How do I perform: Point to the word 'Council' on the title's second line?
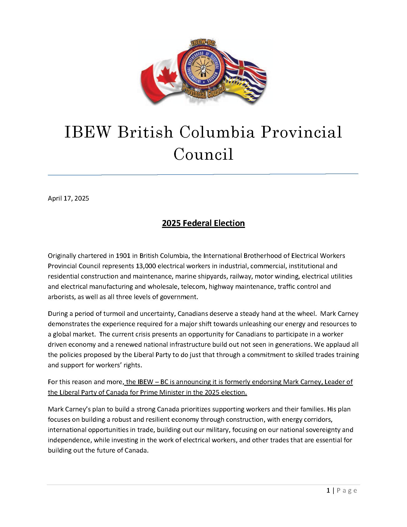click(203, 154)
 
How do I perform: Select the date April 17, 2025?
click(68, 198)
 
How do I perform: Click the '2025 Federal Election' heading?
click(203, 223)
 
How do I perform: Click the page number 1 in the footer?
click(328, 490)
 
